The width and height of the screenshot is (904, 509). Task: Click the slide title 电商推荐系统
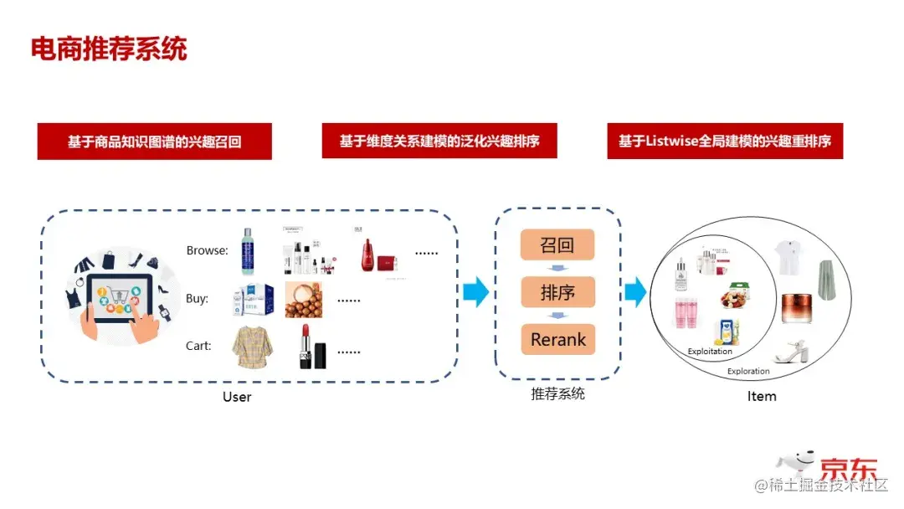click(109, 49)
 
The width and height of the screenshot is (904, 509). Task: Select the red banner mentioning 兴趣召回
click(155, 141)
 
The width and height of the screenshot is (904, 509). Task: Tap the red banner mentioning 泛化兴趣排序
click(439, 141)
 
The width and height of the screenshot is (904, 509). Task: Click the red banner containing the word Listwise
click(725, 141)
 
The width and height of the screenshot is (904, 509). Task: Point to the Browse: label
click(207, 250)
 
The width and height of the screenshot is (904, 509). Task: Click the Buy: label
click(197, 298)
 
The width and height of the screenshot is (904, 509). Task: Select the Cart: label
click(198, 346)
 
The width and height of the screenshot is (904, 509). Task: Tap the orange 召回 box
click(557, 245)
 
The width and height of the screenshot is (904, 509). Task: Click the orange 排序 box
click(557, 293)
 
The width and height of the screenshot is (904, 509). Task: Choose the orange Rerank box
click(557, 340)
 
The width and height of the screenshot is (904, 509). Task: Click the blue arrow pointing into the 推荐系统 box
click(475, 292)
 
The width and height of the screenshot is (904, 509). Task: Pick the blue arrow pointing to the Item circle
click(635, 292)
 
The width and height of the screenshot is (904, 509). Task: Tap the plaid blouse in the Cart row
click(250, 347)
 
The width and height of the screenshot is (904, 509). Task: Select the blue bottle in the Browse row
click(247, 252)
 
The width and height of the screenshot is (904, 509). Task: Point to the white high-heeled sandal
click(788, 351)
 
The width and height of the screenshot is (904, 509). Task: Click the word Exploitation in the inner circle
click(710, 352)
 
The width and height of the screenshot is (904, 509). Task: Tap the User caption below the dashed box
click(237, 397)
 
